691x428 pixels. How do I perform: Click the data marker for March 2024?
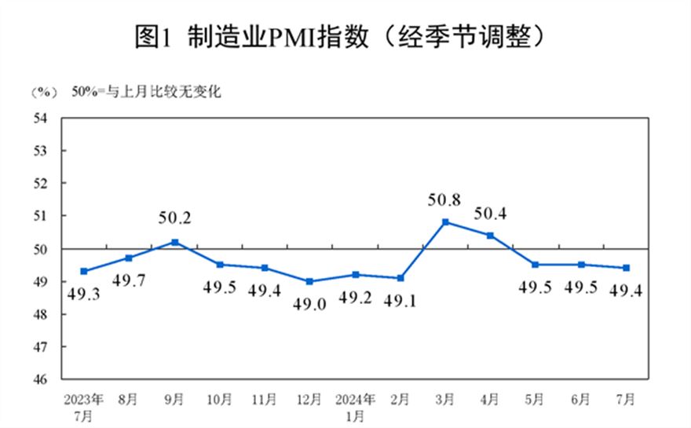tap(445, 221)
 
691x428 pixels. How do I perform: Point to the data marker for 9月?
tap(174, 242)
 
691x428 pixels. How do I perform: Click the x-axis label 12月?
tap(309, 400)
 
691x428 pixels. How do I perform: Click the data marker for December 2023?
tap(309, 281)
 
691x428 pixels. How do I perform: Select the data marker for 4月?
tap(491, 235)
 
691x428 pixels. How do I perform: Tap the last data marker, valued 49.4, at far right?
tap(627, 268)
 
